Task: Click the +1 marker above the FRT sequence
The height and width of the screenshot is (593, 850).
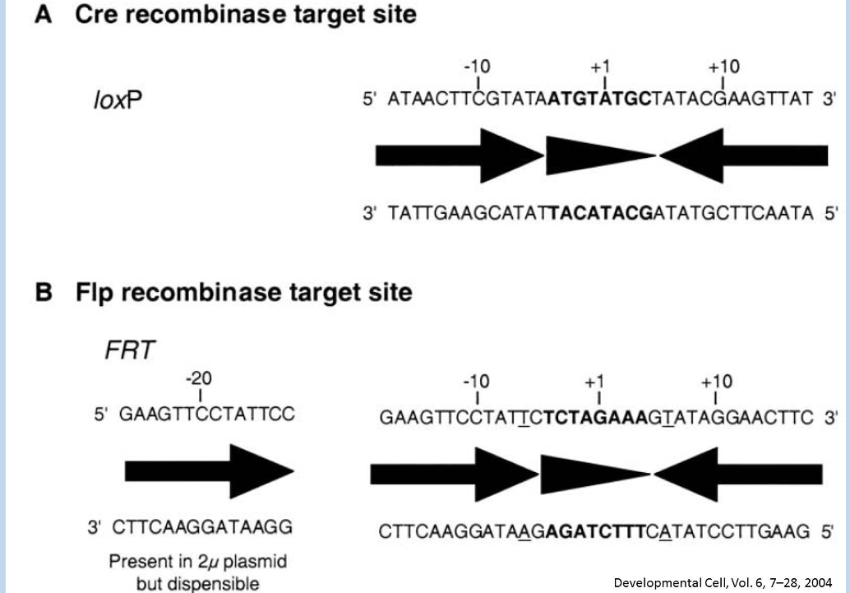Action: click(595, 382)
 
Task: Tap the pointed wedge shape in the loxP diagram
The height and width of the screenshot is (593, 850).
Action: click(600, 155)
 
